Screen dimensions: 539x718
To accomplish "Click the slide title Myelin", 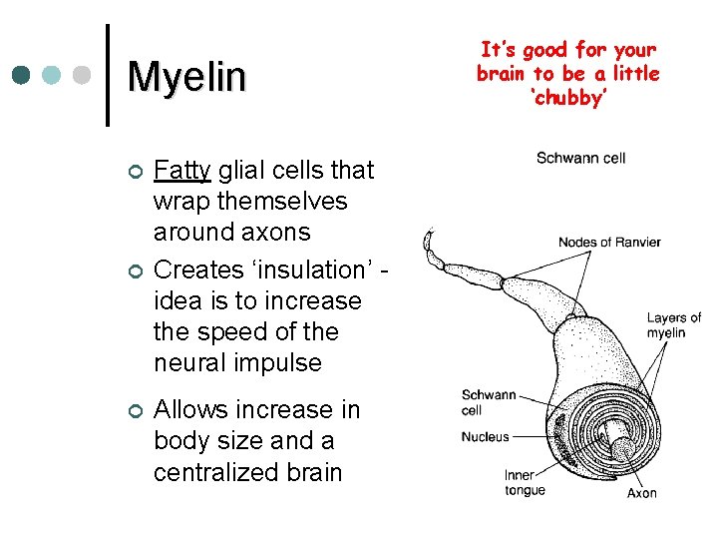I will click(x=186, y=77).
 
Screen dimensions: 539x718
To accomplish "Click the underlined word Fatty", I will click(x=180, y=171).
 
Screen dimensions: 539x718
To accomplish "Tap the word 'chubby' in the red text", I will click(x=567, y=98).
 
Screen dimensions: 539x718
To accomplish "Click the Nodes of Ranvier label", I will click(x=608, y=243).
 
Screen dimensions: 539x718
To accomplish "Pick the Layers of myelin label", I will click(x=673, y=324).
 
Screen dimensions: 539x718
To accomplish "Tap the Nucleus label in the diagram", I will click(x=485, y=436).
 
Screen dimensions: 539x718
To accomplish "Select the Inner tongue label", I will click(x=525, y=482).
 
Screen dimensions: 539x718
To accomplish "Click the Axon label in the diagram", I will click(x=641, y=493).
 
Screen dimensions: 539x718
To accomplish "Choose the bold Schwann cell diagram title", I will click(x=580, y=159).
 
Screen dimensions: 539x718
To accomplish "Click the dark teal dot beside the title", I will click(x=21, y=75).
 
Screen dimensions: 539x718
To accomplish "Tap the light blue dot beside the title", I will click(x=52, y=75).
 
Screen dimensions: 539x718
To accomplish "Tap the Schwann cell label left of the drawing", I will click(x=488, y=402).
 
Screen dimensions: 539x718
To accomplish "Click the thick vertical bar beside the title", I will click(x=107, y=75).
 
